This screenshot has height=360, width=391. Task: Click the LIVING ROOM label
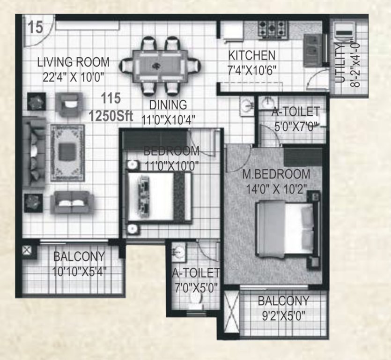[x=74, y=62]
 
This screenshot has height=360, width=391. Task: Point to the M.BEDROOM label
[x=276, y=174]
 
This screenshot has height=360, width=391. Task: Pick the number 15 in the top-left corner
[x=35, y=27]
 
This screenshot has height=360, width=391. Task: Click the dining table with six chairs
[x=160, y=66]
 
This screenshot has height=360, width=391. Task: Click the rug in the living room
[x=67, y=152]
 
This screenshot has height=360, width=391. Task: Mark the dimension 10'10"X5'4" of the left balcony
[x=79, y=270]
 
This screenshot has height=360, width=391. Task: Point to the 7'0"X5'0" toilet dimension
[x=195, y=287]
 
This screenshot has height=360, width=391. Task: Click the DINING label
[x=168, y=105]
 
